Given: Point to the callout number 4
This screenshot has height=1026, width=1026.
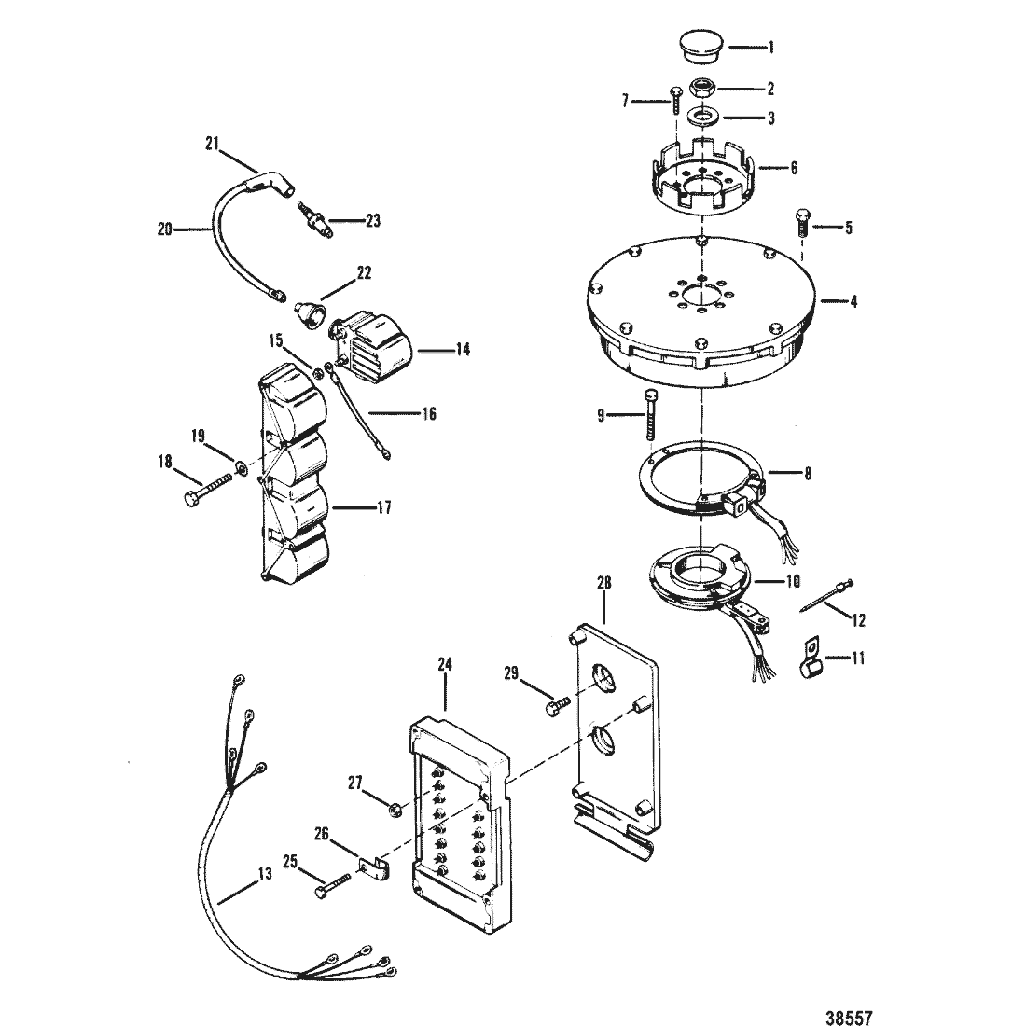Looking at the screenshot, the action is tap(853, 301).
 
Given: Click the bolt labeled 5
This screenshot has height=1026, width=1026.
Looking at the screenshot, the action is tap(802, 225).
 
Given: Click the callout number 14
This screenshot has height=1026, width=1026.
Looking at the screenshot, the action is tap(463, 350).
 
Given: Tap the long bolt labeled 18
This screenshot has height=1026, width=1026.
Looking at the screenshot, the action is tap(206, 488).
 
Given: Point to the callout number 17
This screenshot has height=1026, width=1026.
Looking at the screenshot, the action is tap(383, 507).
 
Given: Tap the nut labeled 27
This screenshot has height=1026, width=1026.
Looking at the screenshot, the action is tap(395, 811).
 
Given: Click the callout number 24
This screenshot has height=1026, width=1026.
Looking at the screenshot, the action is tap(444, 664).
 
